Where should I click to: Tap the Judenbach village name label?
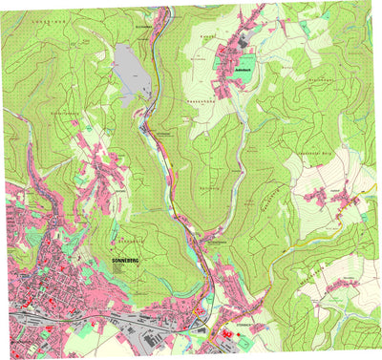click(x=236, y=70)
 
